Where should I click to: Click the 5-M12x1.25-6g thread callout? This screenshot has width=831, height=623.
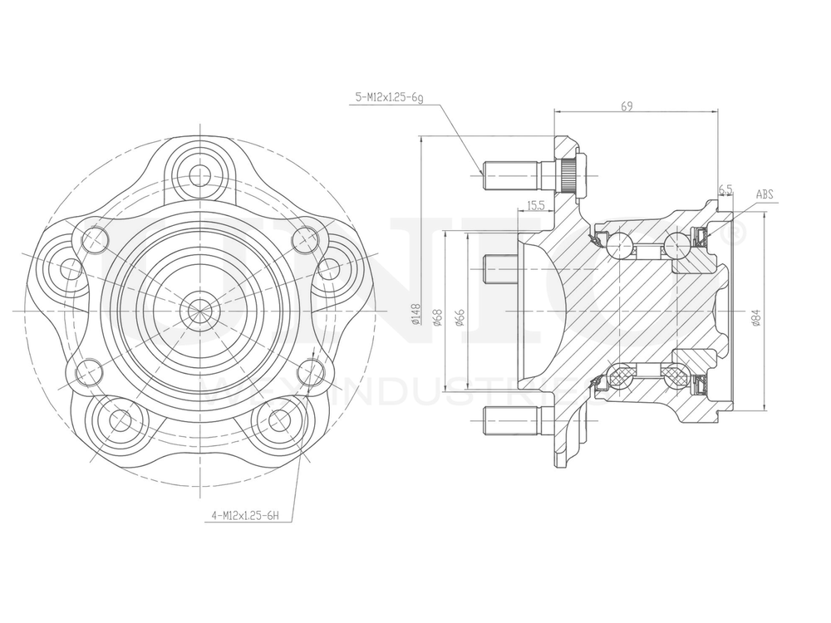[x=389, y=97]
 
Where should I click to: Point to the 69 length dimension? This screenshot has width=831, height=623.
[x=627, y=105]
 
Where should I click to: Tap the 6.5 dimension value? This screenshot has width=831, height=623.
[x=725, y=190]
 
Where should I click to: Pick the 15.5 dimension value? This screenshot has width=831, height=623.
[x=535, y=204]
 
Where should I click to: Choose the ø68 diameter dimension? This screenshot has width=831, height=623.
[x=438, y=316]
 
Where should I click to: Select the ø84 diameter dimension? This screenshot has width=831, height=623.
[x=755, y=317]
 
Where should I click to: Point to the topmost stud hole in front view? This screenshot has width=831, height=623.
[x=200, y=175]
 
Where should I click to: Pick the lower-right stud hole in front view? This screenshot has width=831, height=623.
[x=280, y=420]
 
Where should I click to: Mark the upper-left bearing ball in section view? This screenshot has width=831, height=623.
[x=619, y=245]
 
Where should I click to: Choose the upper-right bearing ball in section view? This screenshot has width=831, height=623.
[x=677, y=245]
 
